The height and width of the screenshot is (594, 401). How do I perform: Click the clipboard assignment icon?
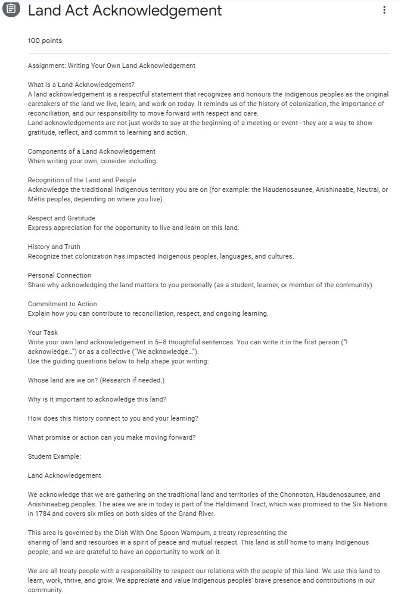11,11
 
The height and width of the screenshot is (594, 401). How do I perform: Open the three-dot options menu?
384,10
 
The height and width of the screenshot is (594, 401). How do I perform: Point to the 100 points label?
45,41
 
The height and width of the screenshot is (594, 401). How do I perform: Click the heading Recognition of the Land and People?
82,180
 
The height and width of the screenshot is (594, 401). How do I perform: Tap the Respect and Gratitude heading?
61,218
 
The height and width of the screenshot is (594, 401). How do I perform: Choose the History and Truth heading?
54,247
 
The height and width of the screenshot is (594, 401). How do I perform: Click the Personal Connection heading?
60,275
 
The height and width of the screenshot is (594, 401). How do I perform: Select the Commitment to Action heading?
63,304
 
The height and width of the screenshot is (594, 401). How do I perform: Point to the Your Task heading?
43,332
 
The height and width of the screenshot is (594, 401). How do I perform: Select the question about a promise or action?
112,437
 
